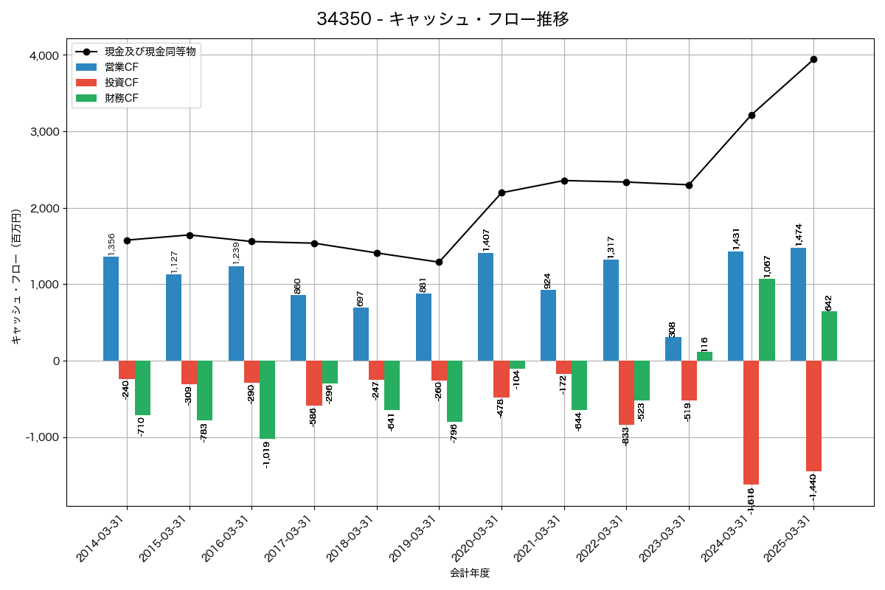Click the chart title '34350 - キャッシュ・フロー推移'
pyautogui.click(x=442, y=19)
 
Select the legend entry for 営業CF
pyautogui.click(x=122, y=67)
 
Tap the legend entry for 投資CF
pyautogui.click(x=122, y=83)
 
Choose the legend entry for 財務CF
pyautogui.click(x=122, y=98)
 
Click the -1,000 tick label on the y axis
pyautogui.click(x=43, y=437)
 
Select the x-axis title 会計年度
pyautogui.click(x=470, y=573)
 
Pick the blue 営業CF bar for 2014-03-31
pyautogui.click(x=111, y=308)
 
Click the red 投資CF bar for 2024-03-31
pyautogui.click(x=751, y=422)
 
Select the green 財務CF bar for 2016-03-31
pyautogui.click(x=267, y=399)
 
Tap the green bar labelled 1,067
pyautogui.click(x=767, y=319)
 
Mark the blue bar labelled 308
pyautogui.click(x=673, y=349)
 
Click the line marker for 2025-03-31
pyautogui.click(x=813, y=59)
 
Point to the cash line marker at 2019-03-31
pyautogui.click(x=439, y=262)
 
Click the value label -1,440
pyautogui.click(x=813, y=487)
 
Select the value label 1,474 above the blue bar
pyautogui.click(x=798, y=235)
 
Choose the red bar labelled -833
pyautogui.click(x=626, y=392)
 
